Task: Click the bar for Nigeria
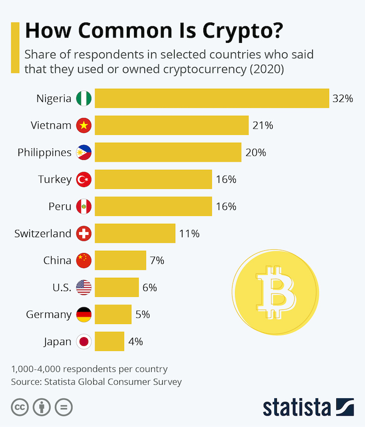pyautogui.click(x=212, y=98)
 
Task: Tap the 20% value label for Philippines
pyautogui.click(x=256, y=153)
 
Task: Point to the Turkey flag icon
pyautogui.click(x=83, y=180)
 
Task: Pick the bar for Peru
pyautogui.click(x=153, y=206)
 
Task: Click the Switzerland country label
pyautogui.click(x=43, y=234)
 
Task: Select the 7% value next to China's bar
pyautogui.click(x=157, y=260)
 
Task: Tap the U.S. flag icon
pyautogui.click(x=83, y=287)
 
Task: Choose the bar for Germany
pyautogui.click(x=113, y=315)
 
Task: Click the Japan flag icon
pyautogui.click(x=83, y=342)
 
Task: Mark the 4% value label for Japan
pyautogui.click(x=136, y=342)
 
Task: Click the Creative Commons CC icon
pyautogui.click(x=19, y=407)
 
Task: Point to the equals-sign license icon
pyautogui.click(x=63, y=407)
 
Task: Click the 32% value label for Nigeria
pyautogui.click(x=343, y=98)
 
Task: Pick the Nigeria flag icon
pyautogui.click(x=83, y=98)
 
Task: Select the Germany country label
pyautogui.click(x=48, y=315)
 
